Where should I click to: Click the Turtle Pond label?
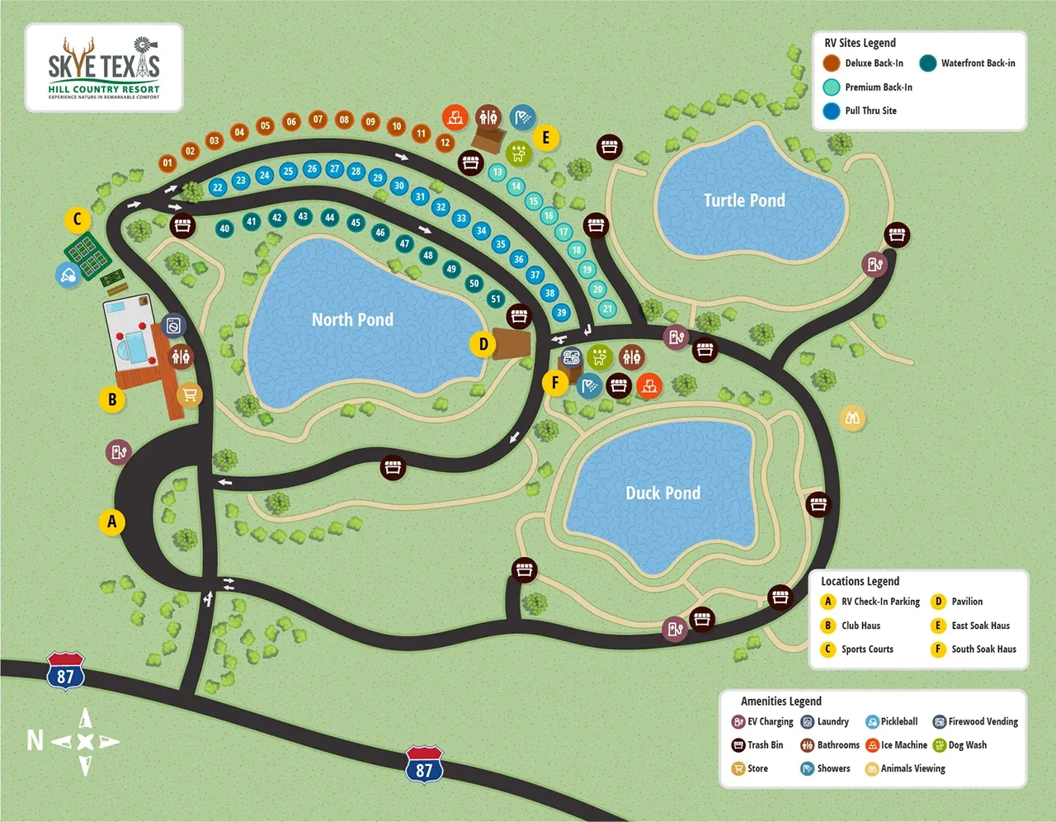[x=744, y=201]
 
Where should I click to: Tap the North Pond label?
[x=352, y=320]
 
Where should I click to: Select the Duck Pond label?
[x=662, y=494]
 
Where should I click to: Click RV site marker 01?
[x=167, y=163]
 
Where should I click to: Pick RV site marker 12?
[x=445, y=142]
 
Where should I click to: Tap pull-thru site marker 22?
[x=217, y=187]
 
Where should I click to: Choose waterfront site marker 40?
[x=224, y=229]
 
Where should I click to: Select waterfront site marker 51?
[x=495, y=299]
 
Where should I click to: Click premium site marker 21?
[x=607, y=309]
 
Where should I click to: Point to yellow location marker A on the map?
[x=112, y=522]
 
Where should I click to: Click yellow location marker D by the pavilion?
[x=483, y=344]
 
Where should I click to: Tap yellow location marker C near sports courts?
[x=78, y=220]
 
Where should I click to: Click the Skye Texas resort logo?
[x=104, y=68]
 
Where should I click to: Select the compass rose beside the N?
[x=85, y=741]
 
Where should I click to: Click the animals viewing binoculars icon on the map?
[x=852, y=418]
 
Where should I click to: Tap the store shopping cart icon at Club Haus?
[x=190, y=395]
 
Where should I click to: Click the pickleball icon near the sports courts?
[x=68, y=275]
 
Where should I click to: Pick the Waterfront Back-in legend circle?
[x=928, y=64]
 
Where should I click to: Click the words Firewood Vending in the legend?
[x=983, y=721]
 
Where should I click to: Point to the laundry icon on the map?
[x=173, y=326]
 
